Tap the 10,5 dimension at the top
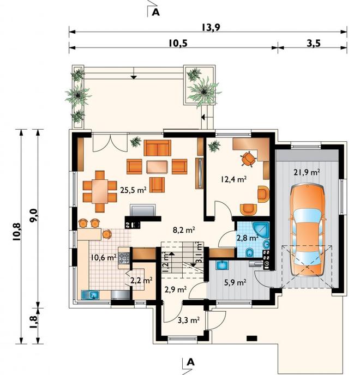coord(178,43)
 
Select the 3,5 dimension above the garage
coord(313,43)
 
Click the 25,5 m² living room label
coord(134,190)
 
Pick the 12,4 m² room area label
coord(233,179)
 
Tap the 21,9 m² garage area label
coord(307,172)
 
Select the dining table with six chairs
coord(100,191)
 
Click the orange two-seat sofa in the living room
coord(157,148)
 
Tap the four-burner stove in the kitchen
coord(124,258)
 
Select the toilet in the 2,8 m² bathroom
coord(250,252)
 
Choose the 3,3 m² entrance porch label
coord(189,320)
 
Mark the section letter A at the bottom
coord(191,362)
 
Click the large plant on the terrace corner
coord(204,92)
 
